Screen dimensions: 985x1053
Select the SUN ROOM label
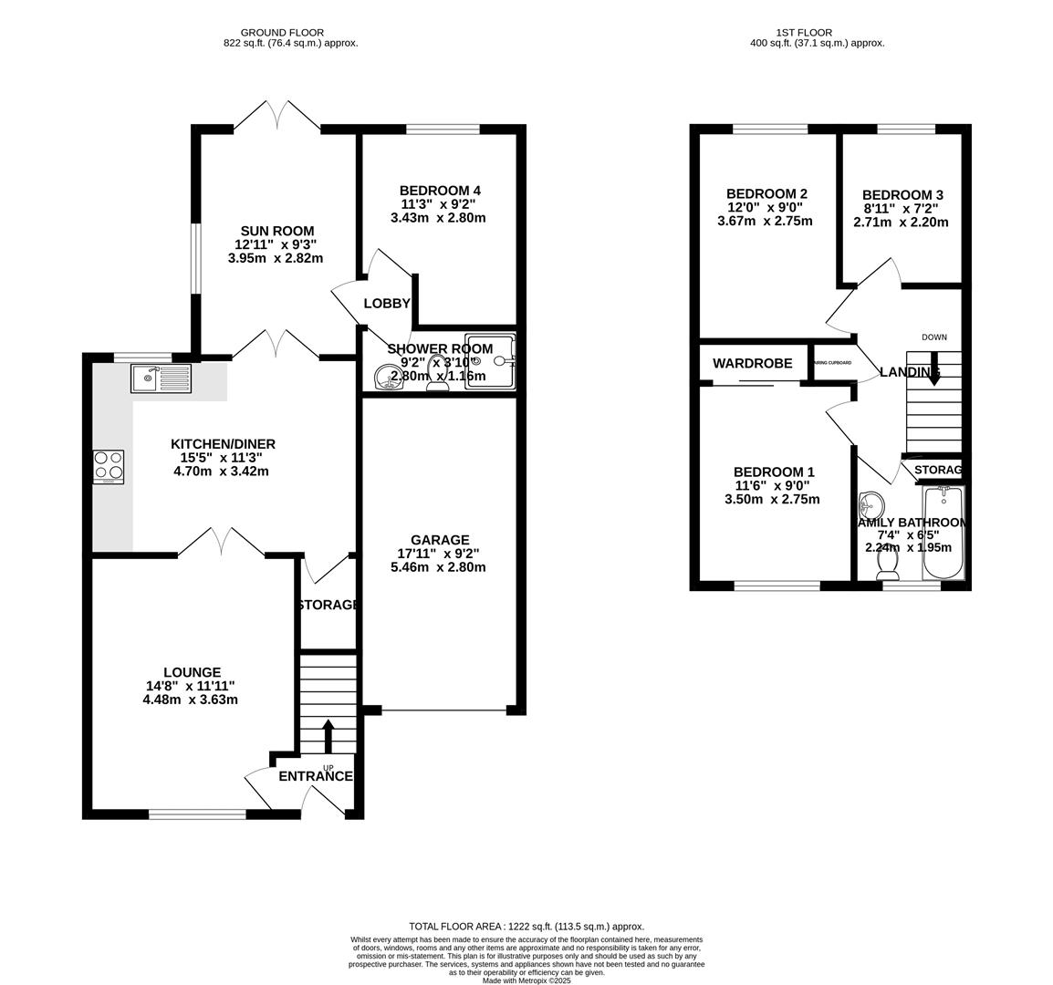(x=277, y=231)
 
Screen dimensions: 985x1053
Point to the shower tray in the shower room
(x=490, y=361)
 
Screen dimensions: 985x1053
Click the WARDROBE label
(x=753, y=363)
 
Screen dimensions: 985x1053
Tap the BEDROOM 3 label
(x=902, y=194)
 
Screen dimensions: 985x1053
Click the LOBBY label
(x=387, y=304)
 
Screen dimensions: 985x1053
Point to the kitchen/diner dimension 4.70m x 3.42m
(x=223, y=472)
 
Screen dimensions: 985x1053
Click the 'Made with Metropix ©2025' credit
(x=526, y=980)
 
